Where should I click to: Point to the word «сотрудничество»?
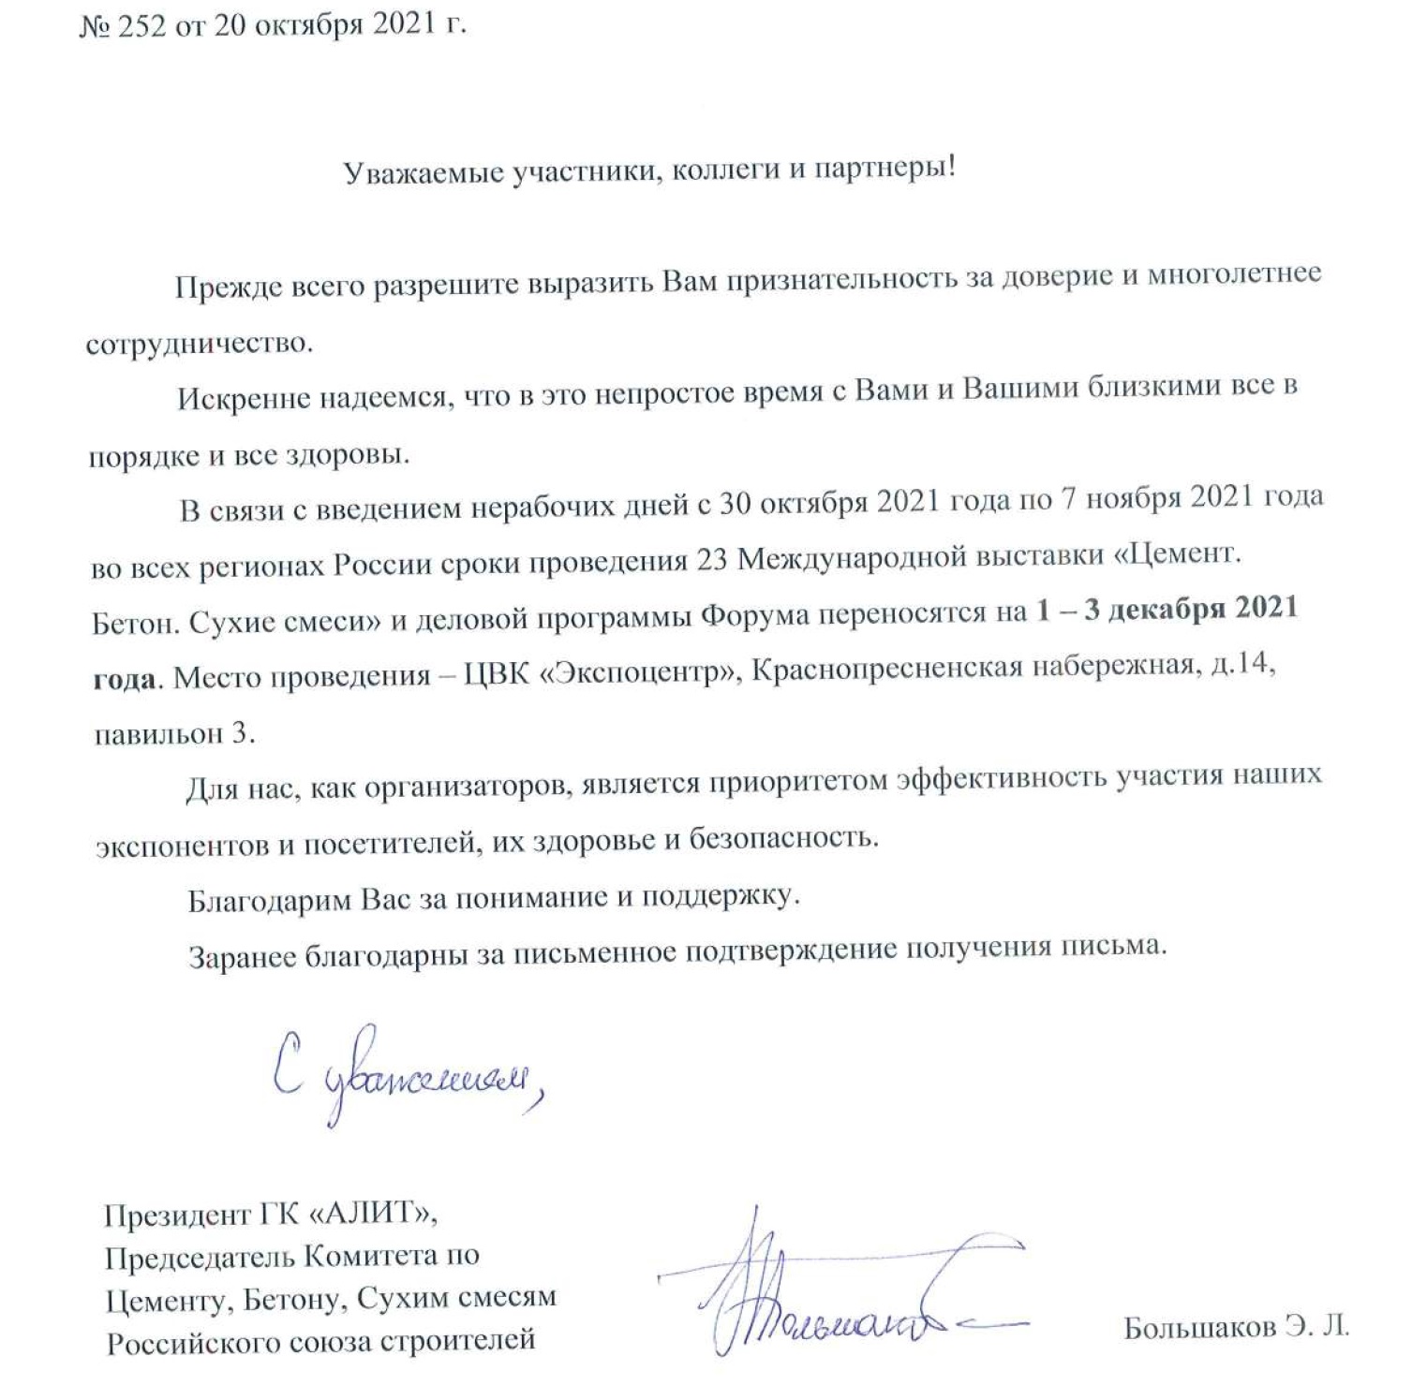tap(198, 344)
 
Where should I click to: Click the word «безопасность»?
tap(783, 838)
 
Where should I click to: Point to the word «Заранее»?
tap(243, 958)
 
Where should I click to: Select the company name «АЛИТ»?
tap(372, 1215)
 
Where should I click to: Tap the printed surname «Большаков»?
tap(1200, 1328)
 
